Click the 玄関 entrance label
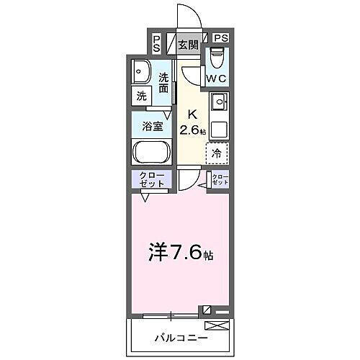point(188,45)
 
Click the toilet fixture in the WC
point(217,57)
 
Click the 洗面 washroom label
point(164,83)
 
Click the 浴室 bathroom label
point(151,125)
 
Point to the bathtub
point(151,152)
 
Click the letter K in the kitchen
point(192,113)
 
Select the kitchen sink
point(219,102)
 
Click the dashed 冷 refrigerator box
point(217,153)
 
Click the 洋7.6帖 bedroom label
point(181,253)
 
